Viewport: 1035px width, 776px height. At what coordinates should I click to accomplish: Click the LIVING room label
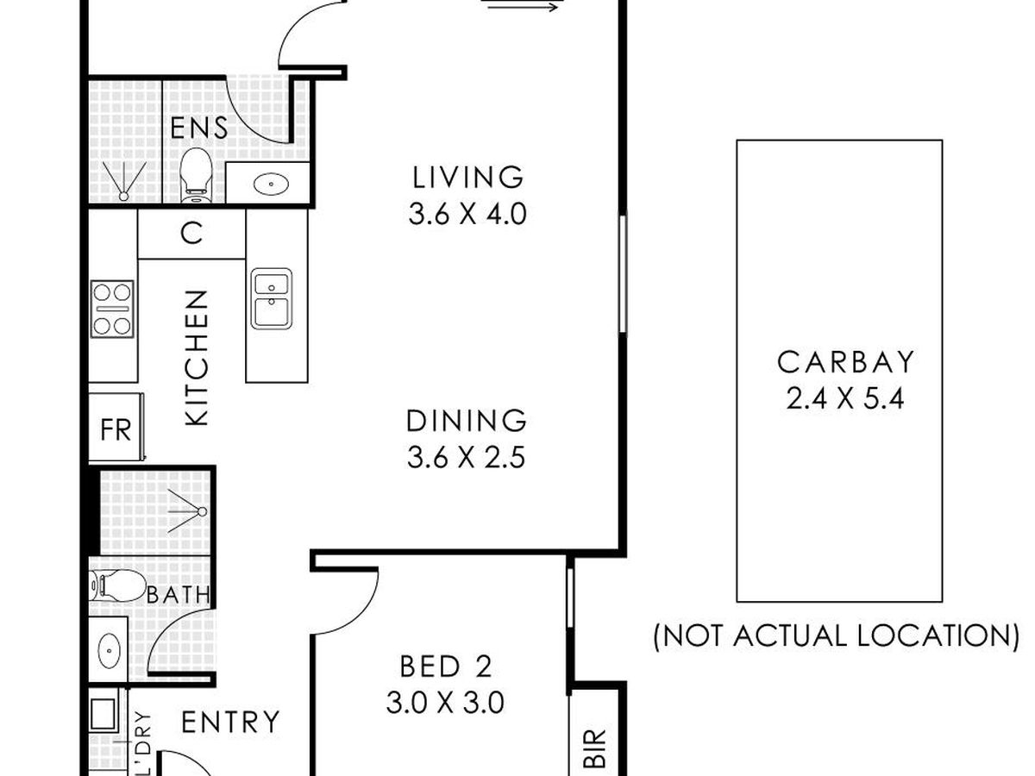pyautogui.click(x=467, y=177)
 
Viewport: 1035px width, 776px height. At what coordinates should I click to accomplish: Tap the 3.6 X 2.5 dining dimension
pyautogui.click(x=466, y=458)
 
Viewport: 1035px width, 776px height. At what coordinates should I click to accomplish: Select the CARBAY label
pyautogui.click(x=846, y=362)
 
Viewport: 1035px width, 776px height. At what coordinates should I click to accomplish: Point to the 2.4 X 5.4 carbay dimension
pyautogui.click(x=845, y=398)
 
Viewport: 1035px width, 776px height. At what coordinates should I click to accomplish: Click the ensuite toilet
pyautogui.click(x=196, y=175)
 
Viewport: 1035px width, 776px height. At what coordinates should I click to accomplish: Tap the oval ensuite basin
pyautogui.click(x=271, y=184)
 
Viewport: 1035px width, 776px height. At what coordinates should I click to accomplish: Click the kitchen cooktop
pyautogui.click(x=112, y=309)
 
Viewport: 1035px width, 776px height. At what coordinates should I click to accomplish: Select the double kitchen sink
pyautogui.click(x=271, y=298)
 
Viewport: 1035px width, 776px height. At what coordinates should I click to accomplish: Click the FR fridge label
pyautogui.click(x=116, y=429)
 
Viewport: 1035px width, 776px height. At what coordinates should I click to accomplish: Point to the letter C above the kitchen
pyautogui.click(x=192, y=233)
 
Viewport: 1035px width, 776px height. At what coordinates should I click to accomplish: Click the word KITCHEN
pyautogui.click(x=197, y=358)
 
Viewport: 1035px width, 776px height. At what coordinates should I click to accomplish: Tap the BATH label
pyautogui.click(x=179, y=595)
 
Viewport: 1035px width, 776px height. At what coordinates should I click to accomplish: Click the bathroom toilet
pyautogui.click(x=118, y=585)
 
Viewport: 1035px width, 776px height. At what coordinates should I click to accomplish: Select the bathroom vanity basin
pyautogui.click(x=109, y=651)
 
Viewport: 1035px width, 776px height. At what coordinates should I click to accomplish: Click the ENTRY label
pyautogui.click(x=230, y=722)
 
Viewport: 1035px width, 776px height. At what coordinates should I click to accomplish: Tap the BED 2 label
pyautogui.click(x=446, y=666)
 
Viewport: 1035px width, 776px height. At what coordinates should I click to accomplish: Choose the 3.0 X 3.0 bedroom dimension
pyautogui.click(x=445, y=703)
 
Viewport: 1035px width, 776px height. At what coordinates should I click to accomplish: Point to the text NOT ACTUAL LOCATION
pyautogui.click(x=836, y=636)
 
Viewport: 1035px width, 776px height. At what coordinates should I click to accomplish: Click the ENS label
pyautogui.click(x=199, y=128)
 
